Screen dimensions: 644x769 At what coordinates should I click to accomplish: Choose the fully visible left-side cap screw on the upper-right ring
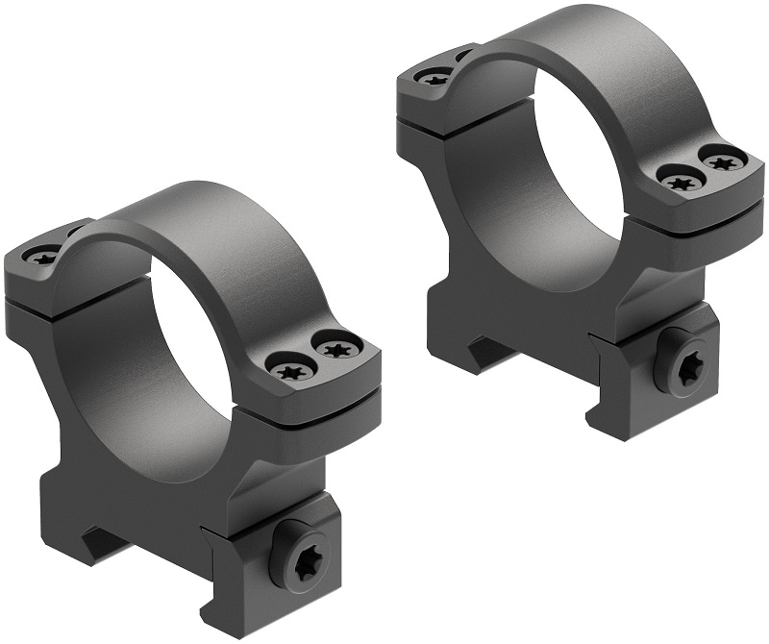pyautogui.click(x=434, y=79)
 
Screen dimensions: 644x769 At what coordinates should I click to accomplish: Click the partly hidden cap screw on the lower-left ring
pyautogui.click(x=75, y=232)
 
